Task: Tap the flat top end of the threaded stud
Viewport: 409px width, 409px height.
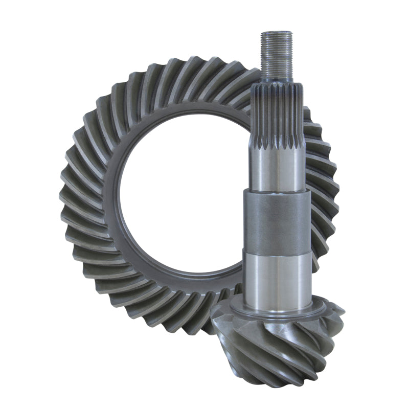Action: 277,33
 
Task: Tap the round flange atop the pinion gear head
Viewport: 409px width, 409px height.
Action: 277,311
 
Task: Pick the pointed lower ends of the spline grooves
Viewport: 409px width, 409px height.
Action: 277,148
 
